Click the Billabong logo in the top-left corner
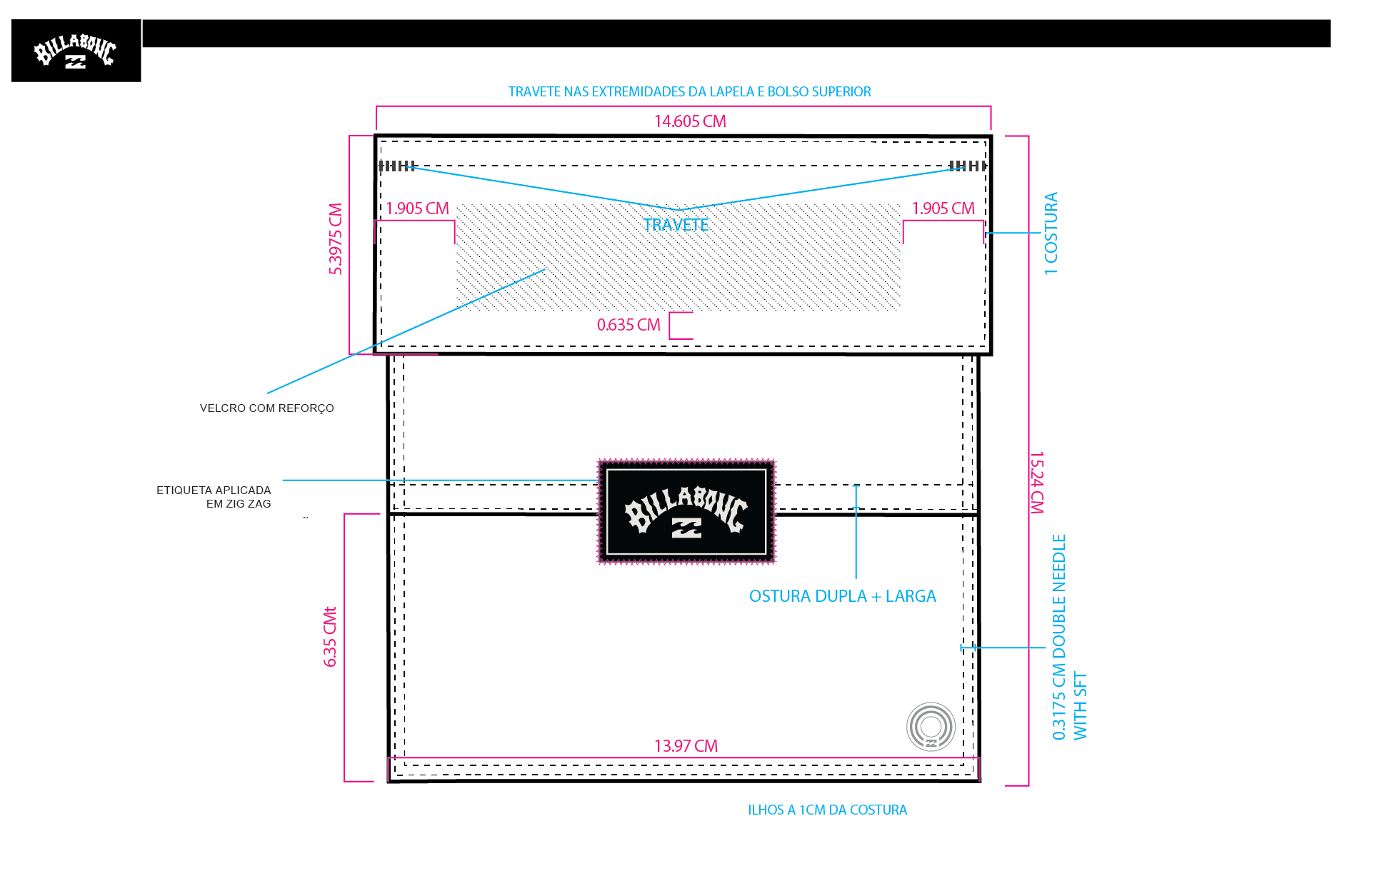pos(76,51)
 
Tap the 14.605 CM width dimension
pos(690,121)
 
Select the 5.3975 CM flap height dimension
pos(335,238)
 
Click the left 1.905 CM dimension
pos(417,208)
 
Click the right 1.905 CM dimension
pos(943,208)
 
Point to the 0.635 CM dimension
pos(629,325)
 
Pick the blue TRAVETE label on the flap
pos(676,225)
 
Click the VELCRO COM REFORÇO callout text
pos(266,408)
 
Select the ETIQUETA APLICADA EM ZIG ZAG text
pos(214,497)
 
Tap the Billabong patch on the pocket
pos(686,511)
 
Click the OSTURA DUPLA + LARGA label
pos(842,596)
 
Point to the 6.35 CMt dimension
pos(329,637)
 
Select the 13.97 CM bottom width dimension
pos(686,746)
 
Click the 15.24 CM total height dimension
pos(1037,483)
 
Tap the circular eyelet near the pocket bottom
pos(931,727)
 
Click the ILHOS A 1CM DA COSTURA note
pos(827,810)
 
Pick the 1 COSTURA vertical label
pos(1051,233)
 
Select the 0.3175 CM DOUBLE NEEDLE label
pos(1058,637)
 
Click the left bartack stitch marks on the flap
pos(397,166)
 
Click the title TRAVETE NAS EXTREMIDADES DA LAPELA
pos(689,92)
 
